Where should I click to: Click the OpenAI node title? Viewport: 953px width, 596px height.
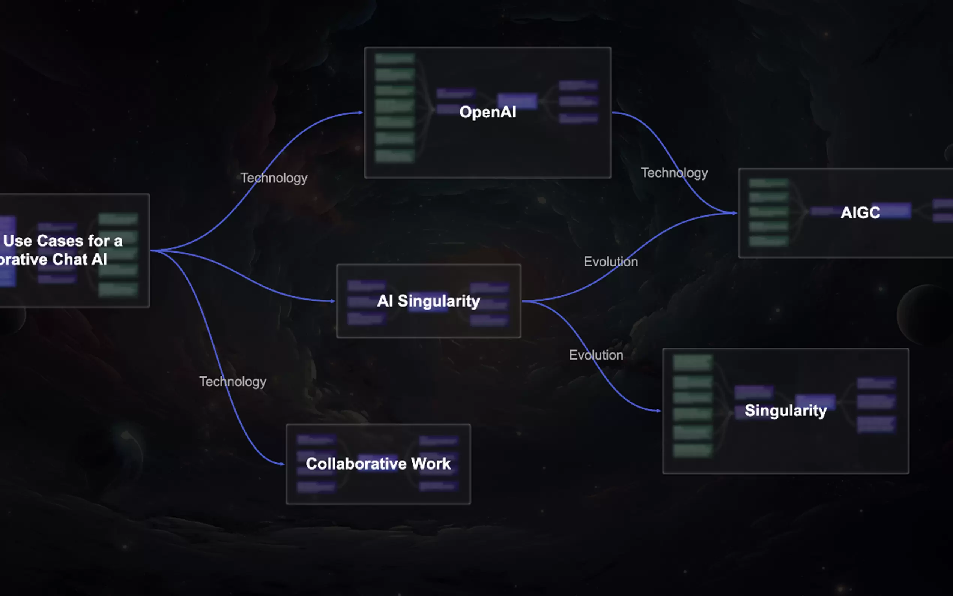click(x=487, y=112)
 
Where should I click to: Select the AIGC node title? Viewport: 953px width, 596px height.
click(x=860, y=213)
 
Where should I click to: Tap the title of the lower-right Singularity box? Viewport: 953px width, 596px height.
click(x=786, y=411)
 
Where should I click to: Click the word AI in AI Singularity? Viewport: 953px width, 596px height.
click(x=385, y=301)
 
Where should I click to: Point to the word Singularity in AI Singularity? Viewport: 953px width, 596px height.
click(x=439, y=301)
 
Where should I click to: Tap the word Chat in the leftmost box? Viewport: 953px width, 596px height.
click(x=69, y=259)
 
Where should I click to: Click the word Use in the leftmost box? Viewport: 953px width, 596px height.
click(x=17, y=241)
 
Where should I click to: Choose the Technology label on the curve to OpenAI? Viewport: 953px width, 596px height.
click(x=274, y=178)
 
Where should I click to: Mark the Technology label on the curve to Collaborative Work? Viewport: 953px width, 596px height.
click(x=233, y=382)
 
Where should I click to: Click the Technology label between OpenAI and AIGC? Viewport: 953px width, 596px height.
click(x=674, y=173)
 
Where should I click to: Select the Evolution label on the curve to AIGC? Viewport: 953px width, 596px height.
click(x=611, y=262)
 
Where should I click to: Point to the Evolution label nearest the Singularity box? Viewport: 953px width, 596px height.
click(x=596, y=355)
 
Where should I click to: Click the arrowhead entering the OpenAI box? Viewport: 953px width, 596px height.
click(x=361, y=113)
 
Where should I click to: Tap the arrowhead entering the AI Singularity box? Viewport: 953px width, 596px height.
click(x=333, y=301)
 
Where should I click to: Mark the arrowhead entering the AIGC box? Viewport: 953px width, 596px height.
click(x=735, y=213)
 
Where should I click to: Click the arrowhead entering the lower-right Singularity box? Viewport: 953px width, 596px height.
click(x=659, y=411)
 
